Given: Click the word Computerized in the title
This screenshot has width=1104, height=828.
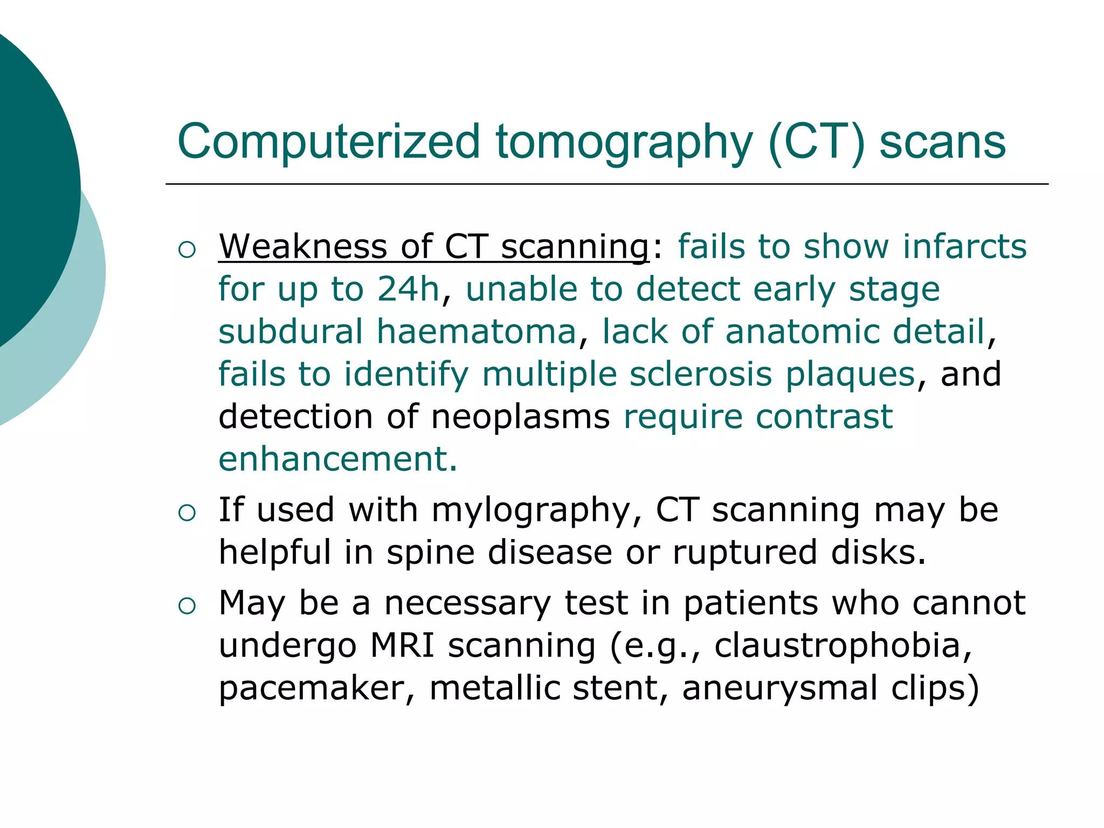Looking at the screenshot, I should (328, 141).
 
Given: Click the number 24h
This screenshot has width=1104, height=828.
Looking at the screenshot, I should (408, 289).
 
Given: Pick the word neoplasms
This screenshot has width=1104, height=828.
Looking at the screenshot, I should (520, 417).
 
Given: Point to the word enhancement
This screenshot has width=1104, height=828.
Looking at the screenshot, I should (337, 459).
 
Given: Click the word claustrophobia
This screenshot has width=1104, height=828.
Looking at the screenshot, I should (843, 645).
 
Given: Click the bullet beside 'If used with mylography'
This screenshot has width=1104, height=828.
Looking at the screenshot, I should (187, 513).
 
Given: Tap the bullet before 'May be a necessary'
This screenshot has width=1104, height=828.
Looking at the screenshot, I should (187, 606).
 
